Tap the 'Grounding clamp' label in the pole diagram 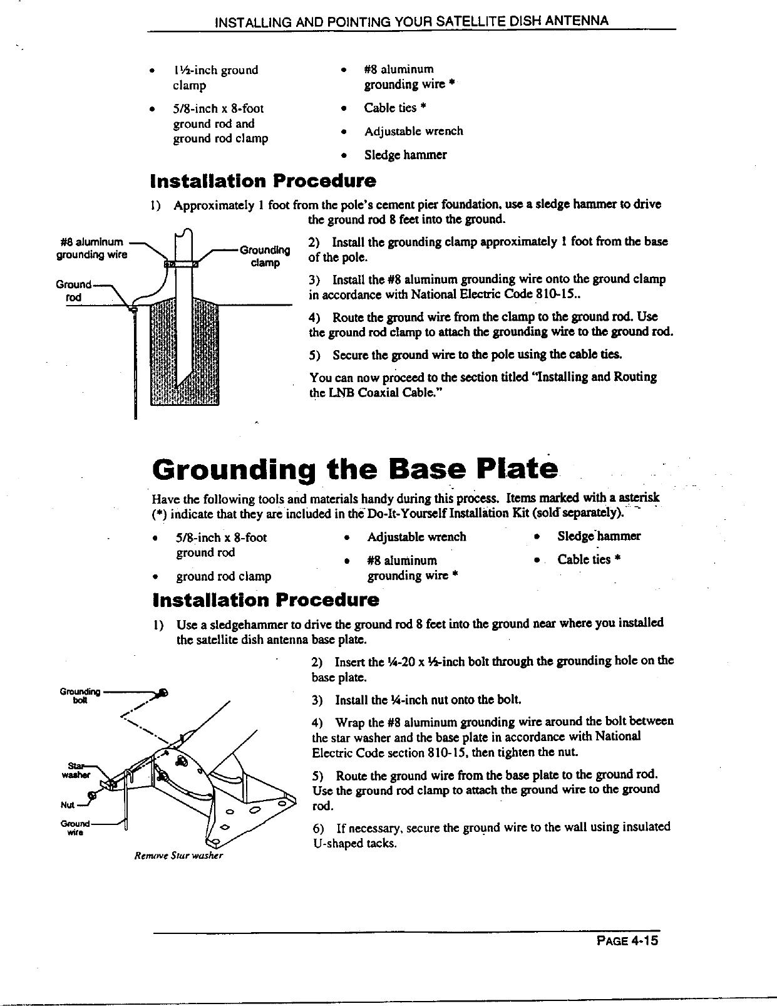click(265, 257)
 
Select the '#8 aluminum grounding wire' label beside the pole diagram click(92, 249)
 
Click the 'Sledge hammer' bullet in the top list click(405, 155)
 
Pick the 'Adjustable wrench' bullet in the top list click(413, 131)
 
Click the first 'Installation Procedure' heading click(264, 181)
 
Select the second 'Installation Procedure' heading click(265, 600)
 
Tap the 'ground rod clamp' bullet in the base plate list click(223, 576)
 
